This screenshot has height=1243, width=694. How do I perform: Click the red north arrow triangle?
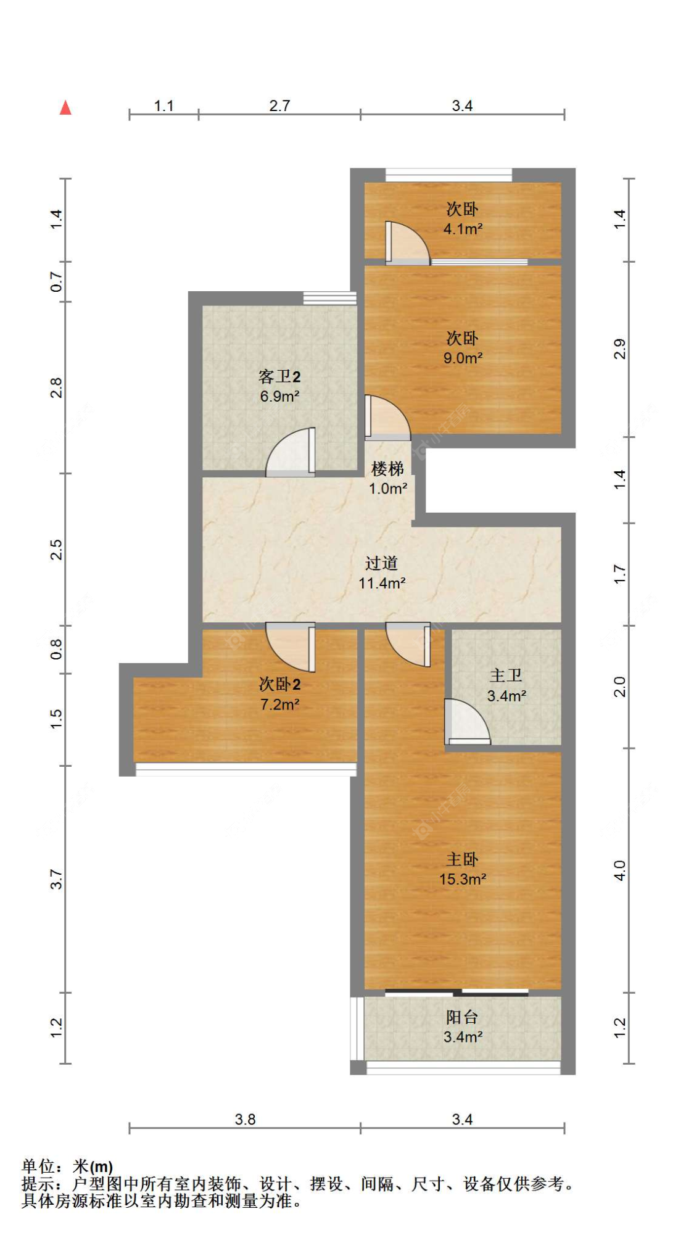tap(65, 108)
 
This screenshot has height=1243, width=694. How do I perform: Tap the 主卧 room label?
tap(462, 859)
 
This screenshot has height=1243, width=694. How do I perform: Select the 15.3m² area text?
tap(463, 879)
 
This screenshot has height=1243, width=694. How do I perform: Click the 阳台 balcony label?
tap(462, 1017)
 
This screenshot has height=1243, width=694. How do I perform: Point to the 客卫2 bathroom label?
tap(279, 376)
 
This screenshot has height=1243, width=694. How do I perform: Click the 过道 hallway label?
tap(381, 563)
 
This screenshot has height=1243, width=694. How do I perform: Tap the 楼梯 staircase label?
tap(387, 469)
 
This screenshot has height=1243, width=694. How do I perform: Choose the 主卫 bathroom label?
tap(506, 676)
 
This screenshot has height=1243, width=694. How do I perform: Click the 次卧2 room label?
tap(279, 684)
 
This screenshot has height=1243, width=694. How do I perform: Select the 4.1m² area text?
tap(463, 229)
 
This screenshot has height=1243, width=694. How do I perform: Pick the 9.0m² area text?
tap(463, 358)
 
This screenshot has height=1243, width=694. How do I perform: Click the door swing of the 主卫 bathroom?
tap(467, 722)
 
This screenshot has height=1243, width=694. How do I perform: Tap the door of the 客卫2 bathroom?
tap(291, 452)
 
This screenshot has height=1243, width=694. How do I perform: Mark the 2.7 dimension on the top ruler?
tap(279, 105)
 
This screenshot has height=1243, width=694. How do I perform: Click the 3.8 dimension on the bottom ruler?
tap(245, 1119)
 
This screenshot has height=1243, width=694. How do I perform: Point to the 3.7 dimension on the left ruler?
tap(56, 879)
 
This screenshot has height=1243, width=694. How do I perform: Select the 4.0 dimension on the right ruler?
tap(620, 870)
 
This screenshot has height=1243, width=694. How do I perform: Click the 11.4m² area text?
tap(382, 583)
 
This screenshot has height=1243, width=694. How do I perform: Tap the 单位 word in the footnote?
tap(38, 1167)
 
